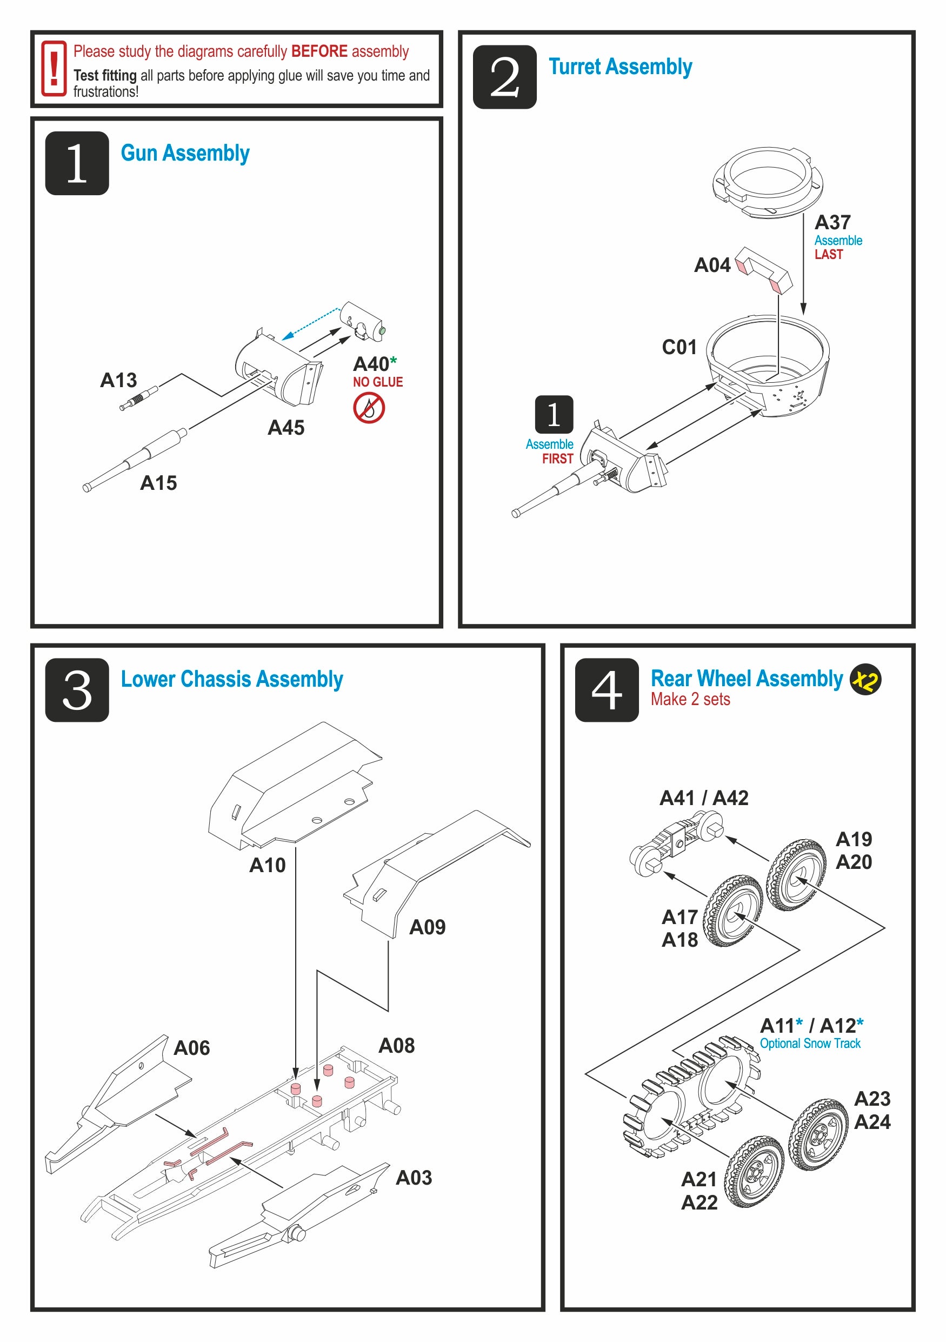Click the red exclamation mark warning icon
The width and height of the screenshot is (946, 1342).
tap(53, 68)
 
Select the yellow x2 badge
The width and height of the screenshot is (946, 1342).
tap(865, 680)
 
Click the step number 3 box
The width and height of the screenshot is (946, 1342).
tap(77, 690)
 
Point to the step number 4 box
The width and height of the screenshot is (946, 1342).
tap(607, 690)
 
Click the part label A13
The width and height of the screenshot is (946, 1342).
tap(118, 381)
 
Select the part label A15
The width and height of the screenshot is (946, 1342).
tap(158, 483)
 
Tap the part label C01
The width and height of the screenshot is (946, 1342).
tap(679, 347)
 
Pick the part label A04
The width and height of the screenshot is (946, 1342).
tap(712, 265)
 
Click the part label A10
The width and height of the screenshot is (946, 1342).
tap(267, 865)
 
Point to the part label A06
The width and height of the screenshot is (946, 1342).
tap(192, 1048)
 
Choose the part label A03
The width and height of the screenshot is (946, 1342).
tap(414, 1178)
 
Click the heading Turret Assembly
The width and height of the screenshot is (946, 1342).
tap(620, 67)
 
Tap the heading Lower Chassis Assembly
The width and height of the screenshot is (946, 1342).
tap(231, 679)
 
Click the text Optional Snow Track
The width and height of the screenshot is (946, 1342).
tap(810, 1044)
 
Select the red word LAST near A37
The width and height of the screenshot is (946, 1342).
tap(829, 254)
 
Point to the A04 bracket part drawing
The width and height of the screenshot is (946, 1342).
tap(764, 269)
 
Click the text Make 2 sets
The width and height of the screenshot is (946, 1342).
tap(690, 699)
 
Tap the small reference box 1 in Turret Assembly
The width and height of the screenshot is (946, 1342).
tap(554, 414)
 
